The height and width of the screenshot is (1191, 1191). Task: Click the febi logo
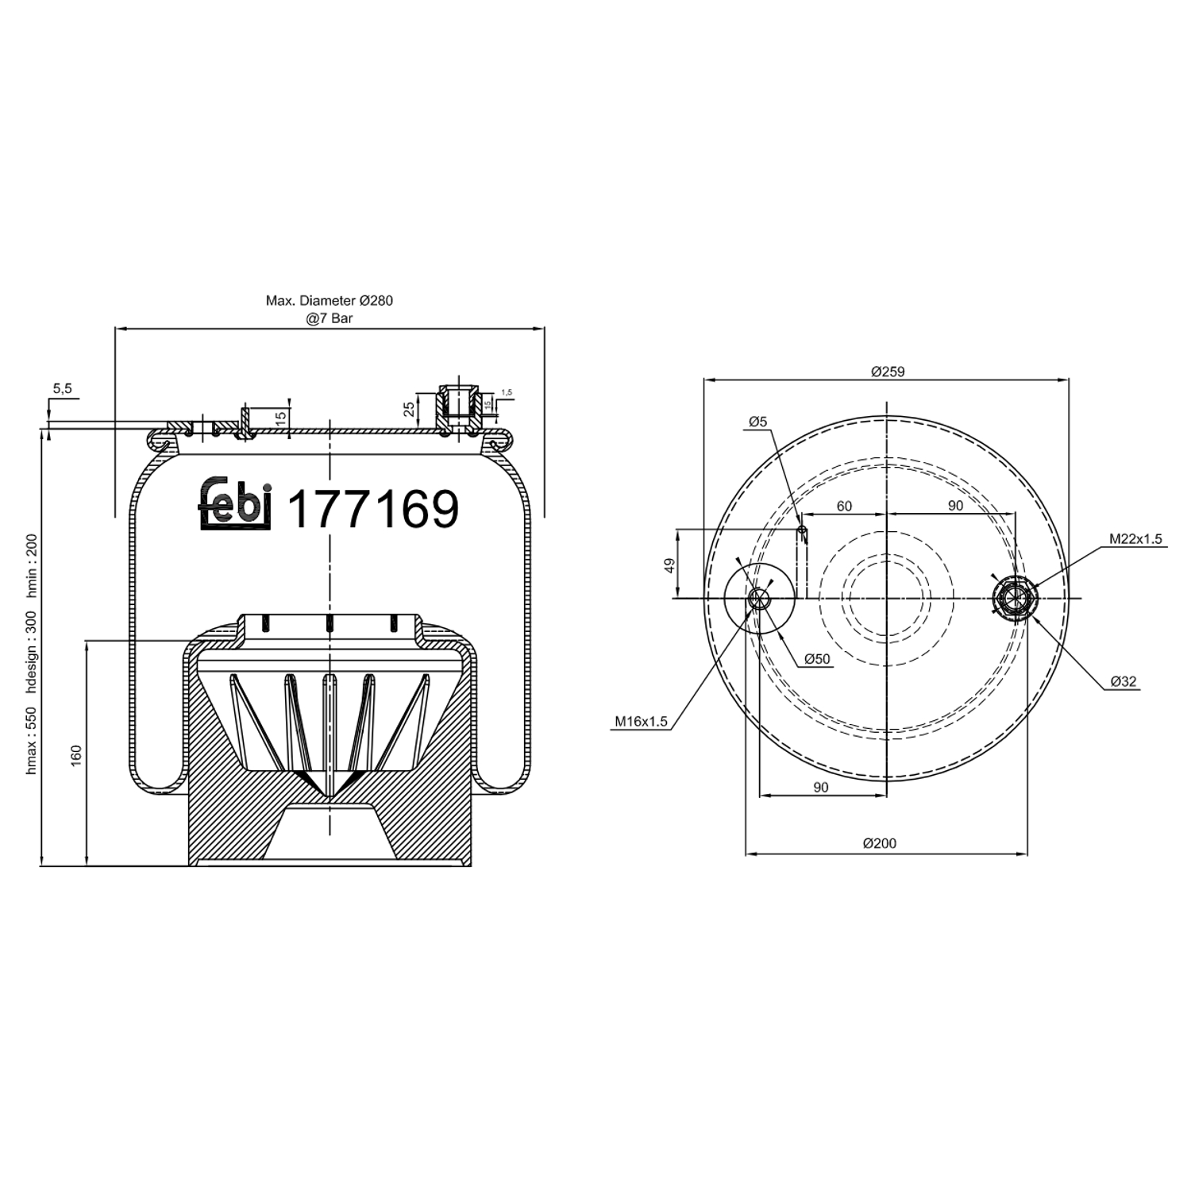[234, 503]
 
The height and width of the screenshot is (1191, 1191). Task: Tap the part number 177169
[372, 509]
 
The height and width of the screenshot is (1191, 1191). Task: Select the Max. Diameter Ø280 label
[329, 301]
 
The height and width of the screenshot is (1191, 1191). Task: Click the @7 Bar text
[330, 318]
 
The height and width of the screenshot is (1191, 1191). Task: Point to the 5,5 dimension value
[62, 388]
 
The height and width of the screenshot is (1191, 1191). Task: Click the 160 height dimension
[76, 754]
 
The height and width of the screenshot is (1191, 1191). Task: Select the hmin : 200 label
[32, 566]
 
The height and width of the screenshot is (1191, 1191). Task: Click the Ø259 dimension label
[887, 371]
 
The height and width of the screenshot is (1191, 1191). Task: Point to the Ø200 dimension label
[880, 843]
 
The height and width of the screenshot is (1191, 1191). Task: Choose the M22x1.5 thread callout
[1135, 539]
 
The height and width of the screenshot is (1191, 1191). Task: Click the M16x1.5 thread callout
[641, 722]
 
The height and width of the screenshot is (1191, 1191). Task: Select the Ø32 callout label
[1124, 681]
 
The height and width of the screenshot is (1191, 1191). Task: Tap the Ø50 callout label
[816, 659]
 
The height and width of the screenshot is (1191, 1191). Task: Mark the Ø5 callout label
[757, 422]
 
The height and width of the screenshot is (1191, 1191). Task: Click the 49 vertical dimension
[669, 565]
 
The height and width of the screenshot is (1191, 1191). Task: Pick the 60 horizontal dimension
[843, 506]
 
